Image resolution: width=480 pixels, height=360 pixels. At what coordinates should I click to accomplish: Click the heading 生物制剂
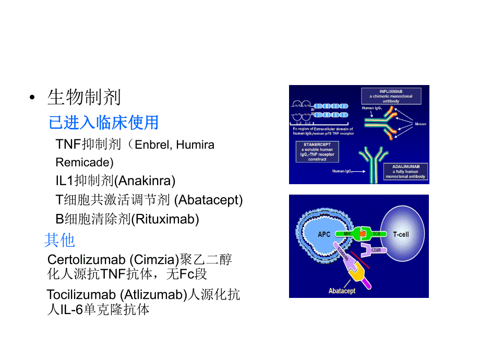(84, 97)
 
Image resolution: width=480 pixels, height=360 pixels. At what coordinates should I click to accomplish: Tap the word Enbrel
(151, 145)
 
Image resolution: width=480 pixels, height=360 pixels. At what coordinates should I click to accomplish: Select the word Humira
(195, 145)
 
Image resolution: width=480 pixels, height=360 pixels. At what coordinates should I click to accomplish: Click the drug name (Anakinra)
(145, 181)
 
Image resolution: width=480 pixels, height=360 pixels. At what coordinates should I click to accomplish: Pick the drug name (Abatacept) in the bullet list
(208, 200)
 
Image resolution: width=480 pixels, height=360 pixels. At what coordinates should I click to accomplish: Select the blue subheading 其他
(59, 240)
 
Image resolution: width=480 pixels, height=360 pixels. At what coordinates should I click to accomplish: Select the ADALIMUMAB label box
(409, 171)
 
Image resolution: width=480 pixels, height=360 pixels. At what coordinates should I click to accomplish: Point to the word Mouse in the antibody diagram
(421, 125)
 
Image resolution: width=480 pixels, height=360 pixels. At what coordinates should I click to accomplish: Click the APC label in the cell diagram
(325, 234)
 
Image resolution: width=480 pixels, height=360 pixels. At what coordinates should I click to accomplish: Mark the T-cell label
(401, 234)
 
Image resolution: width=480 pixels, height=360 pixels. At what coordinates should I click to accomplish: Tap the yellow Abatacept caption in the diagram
(342, 291)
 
